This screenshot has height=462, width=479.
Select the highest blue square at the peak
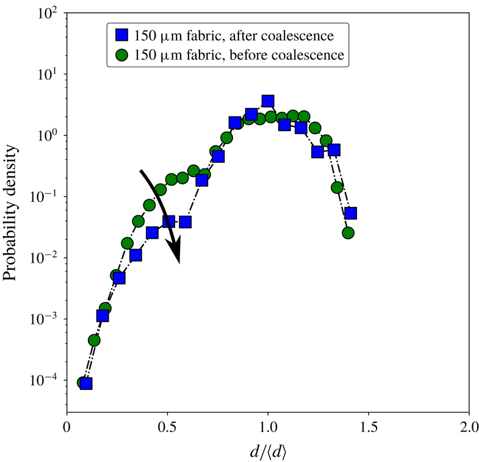[x=268, y=101]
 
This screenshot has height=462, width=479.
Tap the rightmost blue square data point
[x=350, y=213]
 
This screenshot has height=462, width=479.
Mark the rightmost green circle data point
[x=348, y=233]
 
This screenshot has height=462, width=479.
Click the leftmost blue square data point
[x=86, y=383]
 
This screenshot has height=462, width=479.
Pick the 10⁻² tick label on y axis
[x=44, y=258]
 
